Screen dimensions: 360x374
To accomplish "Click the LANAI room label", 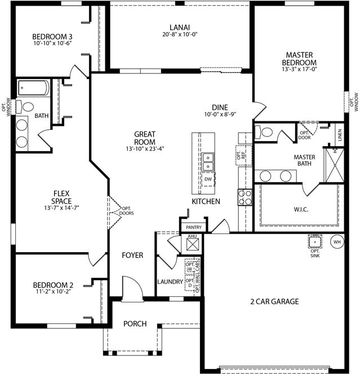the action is pos(180,28).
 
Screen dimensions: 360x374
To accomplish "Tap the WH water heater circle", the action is pos(337,242).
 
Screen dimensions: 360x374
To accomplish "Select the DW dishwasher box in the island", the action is pos(208,179).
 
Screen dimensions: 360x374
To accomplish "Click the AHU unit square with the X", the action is pos(193,244).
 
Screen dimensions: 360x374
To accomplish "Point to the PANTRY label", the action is pos(194,227).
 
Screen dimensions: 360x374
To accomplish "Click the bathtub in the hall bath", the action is pos(34,88).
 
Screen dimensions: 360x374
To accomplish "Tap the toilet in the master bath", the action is pos(264,132).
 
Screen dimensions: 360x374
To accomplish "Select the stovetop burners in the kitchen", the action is pos(245,197).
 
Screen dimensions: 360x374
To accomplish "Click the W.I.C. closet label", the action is pos(301,210).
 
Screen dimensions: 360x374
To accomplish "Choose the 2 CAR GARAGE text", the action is pos(274,301).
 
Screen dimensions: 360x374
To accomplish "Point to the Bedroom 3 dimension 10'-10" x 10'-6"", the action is pos(52,43).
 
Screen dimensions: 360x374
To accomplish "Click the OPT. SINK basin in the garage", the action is pos(315,241).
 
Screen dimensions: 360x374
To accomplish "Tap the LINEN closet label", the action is pos(340,135).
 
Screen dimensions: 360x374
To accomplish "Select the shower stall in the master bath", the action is pos(335,165).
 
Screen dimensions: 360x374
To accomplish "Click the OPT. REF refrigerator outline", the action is pos(244,155).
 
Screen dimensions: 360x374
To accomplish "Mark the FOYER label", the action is pos(132,255).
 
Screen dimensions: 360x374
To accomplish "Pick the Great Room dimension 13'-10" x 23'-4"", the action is pos(145,149).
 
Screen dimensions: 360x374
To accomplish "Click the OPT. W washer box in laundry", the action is pos(190,267).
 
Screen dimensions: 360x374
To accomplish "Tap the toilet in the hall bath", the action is pos(25,107).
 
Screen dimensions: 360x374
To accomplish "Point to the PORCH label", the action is pos(135,324).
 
